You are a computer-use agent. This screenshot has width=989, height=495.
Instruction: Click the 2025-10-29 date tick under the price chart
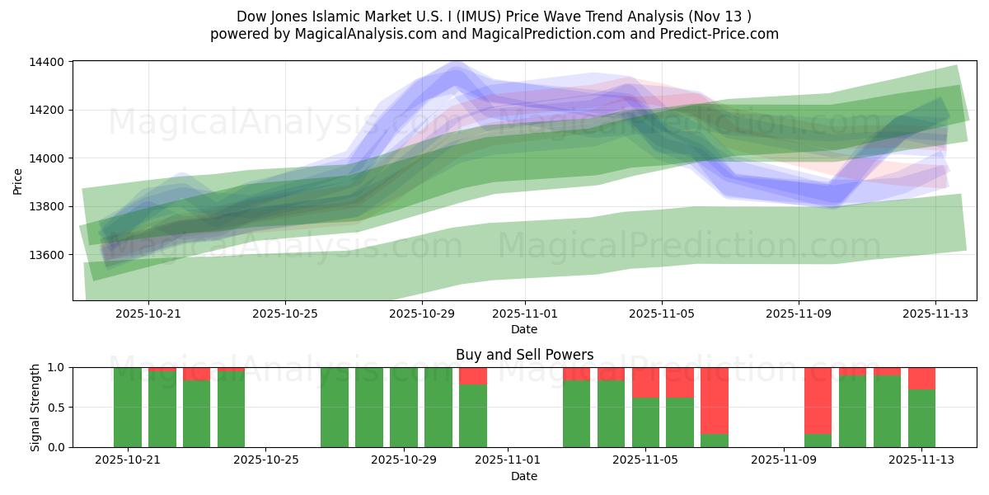click(x=421, y=313)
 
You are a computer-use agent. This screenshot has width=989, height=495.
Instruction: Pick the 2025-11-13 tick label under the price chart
click(x=935, y=313)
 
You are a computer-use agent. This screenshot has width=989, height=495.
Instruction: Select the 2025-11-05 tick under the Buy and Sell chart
click(x=644, y=460)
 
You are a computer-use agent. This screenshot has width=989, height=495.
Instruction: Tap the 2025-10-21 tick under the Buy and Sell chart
click(x=127, y=460)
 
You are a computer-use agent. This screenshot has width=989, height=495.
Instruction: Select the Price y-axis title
click(x=18, y=181)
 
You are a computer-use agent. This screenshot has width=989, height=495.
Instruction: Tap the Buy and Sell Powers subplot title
click(x=524, y=355)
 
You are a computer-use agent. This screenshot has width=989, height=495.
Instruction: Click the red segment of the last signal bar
click(x=921, y=378)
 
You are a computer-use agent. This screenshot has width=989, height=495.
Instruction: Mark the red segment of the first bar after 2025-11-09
click(x=818, y=400)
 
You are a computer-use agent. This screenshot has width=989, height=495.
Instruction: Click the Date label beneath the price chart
click(x=524, y=329)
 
